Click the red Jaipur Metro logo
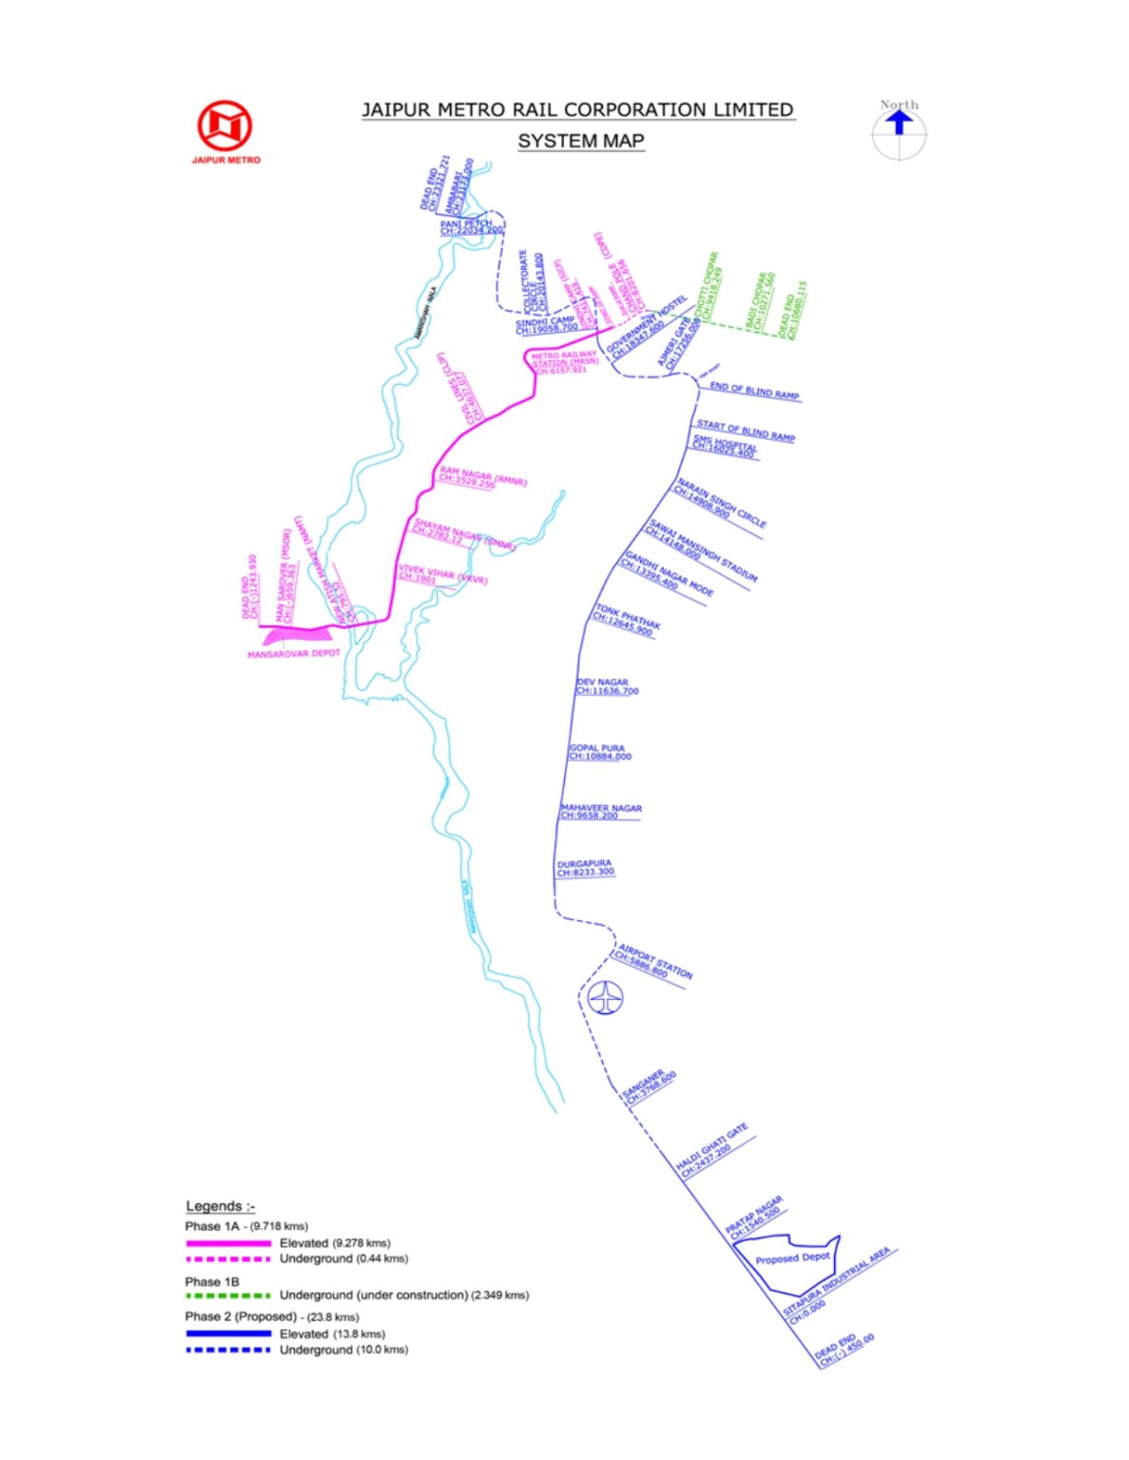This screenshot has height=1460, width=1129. [224, 126]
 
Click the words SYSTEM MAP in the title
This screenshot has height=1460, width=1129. [580, 142]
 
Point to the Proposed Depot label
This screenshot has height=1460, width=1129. [792, 1258]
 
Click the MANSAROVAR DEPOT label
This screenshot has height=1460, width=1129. [293, 654]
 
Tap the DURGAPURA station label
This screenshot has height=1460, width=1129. [584, 864]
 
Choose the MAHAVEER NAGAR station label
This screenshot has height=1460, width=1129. [601, 808]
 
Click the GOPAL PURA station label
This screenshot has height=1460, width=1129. [596, 748]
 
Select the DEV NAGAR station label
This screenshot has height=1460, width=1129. [602, 682]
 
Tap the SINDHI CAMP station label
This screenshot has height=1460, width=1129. [546, 322]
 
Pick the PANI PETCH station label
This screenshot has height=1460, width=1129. [466, 224]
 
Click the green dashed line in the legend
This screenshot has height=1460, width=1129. [228, 1295]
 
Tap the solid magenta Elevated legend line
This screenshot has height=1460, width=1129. [228, 1243]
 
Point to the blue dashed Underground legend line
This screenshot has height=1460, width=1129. [228, 1350]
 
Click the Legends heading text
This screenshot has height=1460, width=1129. [220, 1206]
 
